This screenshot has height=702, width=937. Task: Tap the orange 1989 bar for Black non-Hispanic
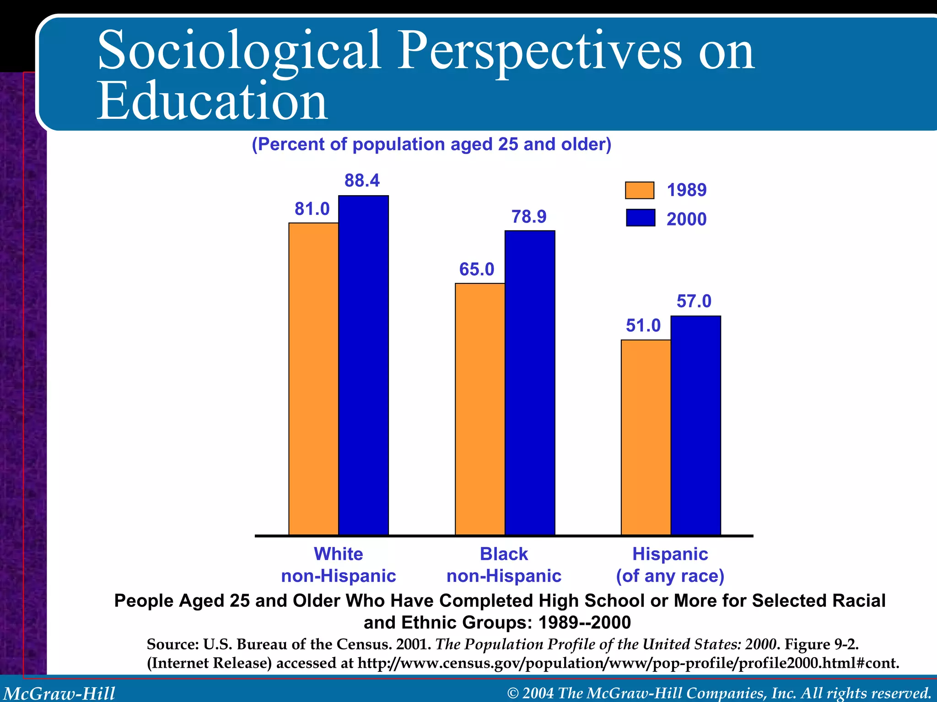480,409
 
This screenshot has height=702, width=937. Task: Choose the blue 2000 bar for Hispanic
695,425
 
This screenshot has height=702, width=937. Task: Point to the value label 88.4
362,181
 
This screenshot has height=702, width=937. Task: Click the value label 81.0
312,209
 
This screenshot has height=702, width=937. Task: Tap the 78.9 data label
529,216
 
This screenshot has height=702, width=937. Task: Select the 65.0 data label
477,269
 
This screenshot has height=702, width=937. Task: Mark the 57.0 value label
694,301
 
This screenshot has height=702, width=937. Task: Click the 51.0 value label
643,325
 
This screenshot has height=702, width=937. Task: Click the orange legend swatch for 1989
640,190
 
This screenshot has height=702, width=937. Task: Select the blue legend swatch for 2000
640,218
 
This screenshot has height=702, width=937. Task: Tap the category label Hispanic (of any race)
670,565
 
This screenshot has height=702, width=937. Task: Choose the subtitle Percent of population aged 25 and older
431,144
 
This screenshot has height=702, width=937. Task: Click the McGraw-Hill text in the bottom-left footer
59,693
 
